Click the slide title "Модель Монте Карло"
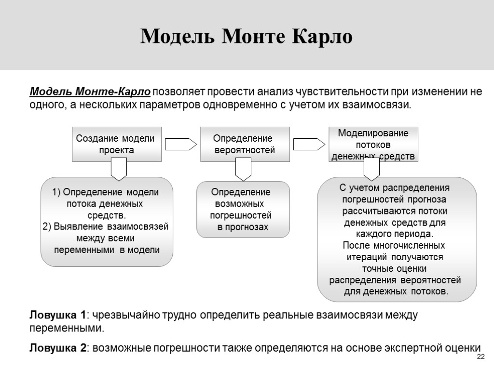247,37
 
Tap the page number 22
480,357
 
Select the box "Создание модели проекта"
116,144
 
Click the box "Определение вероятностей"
245,144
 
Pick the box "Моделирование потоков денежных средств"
373,144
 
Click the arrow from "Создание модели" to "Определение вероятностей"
180,144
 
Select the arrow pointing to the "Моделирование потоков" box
309,144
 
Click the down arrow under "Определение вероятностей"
243,170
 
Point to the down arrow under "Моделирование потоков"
371,170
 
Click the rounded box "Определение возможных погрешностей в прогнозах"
243,209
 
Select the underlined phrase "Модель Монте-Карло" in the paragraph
90,92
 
